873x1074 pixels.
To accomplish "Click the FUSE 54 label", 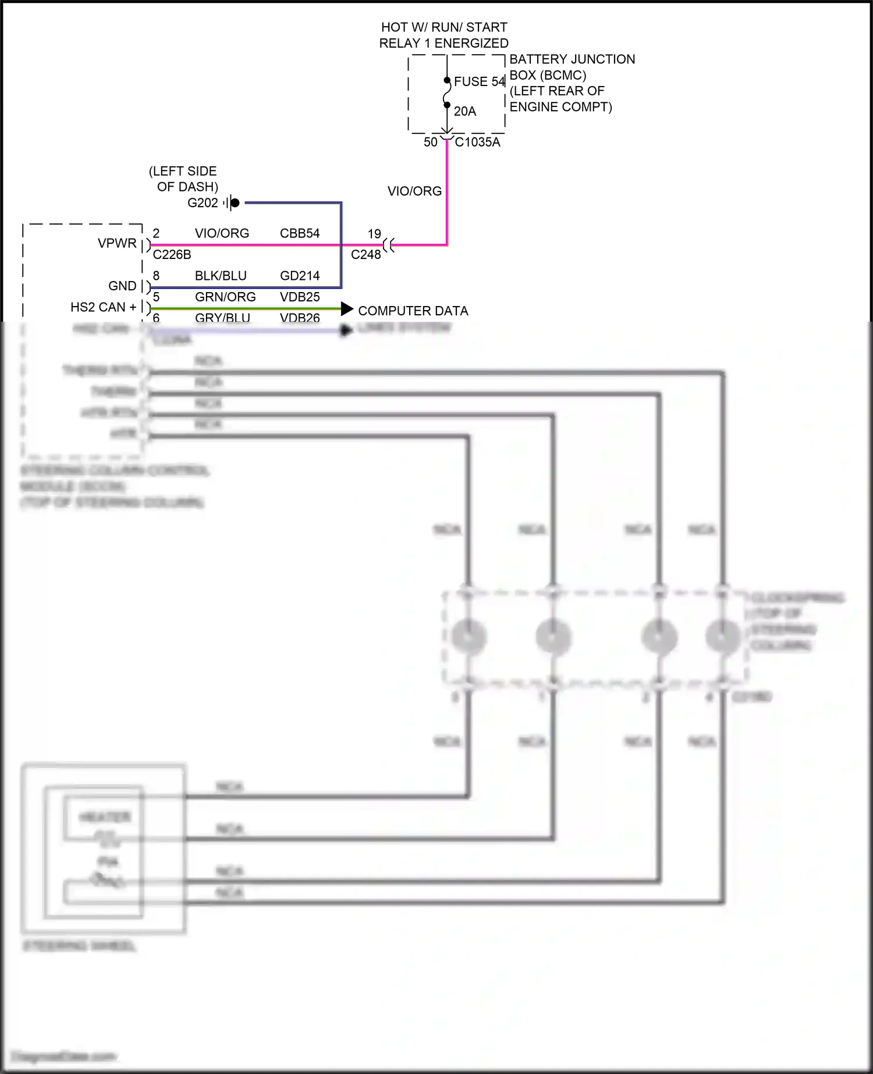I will click(479, 81).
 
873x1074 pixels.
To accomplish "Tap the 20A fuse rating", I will click(464, 111).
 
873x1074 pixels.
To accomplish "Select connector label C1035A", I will click(477, 142).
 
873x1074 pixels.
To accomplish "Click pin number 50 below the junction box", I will click(430, 142).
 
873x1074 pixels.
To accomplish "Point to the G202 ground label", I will click(203, 202).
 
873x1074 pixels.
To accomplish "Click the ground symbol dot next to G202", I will click(235, 202).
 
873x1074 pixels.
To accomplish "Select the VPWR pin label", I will click(117, 243).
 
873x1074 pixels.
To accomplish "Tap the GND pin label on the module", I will click(122, 286).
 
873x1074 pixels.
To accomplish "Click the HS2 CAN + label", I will click(104, 307).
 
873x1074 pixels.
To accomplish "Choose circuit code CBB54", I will click(300, 233).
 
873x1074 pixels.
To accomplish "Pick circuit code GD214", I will click(300, 276).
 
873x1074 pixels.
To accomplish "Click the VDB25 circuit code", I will click(300, 297).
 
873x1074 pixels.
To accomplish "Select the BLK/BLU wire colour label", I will click(221, 276).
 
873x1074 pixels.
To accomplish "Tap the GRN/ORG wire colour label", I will click(225, 297).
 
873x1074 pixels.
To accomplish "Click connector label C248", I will click(365, 254).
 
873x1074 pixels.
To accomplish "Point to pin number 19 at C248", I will click(374, 233).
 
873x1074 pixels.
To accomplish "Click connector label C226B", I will click(172, 254).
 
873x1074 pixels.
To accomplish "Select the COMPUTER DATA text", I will click(413, 311).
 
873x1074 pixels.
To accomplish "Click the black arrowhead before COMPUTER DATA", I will click(347, 309).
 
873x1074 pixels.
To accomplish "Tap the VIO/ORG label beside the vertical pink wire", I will click(414, 191).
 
